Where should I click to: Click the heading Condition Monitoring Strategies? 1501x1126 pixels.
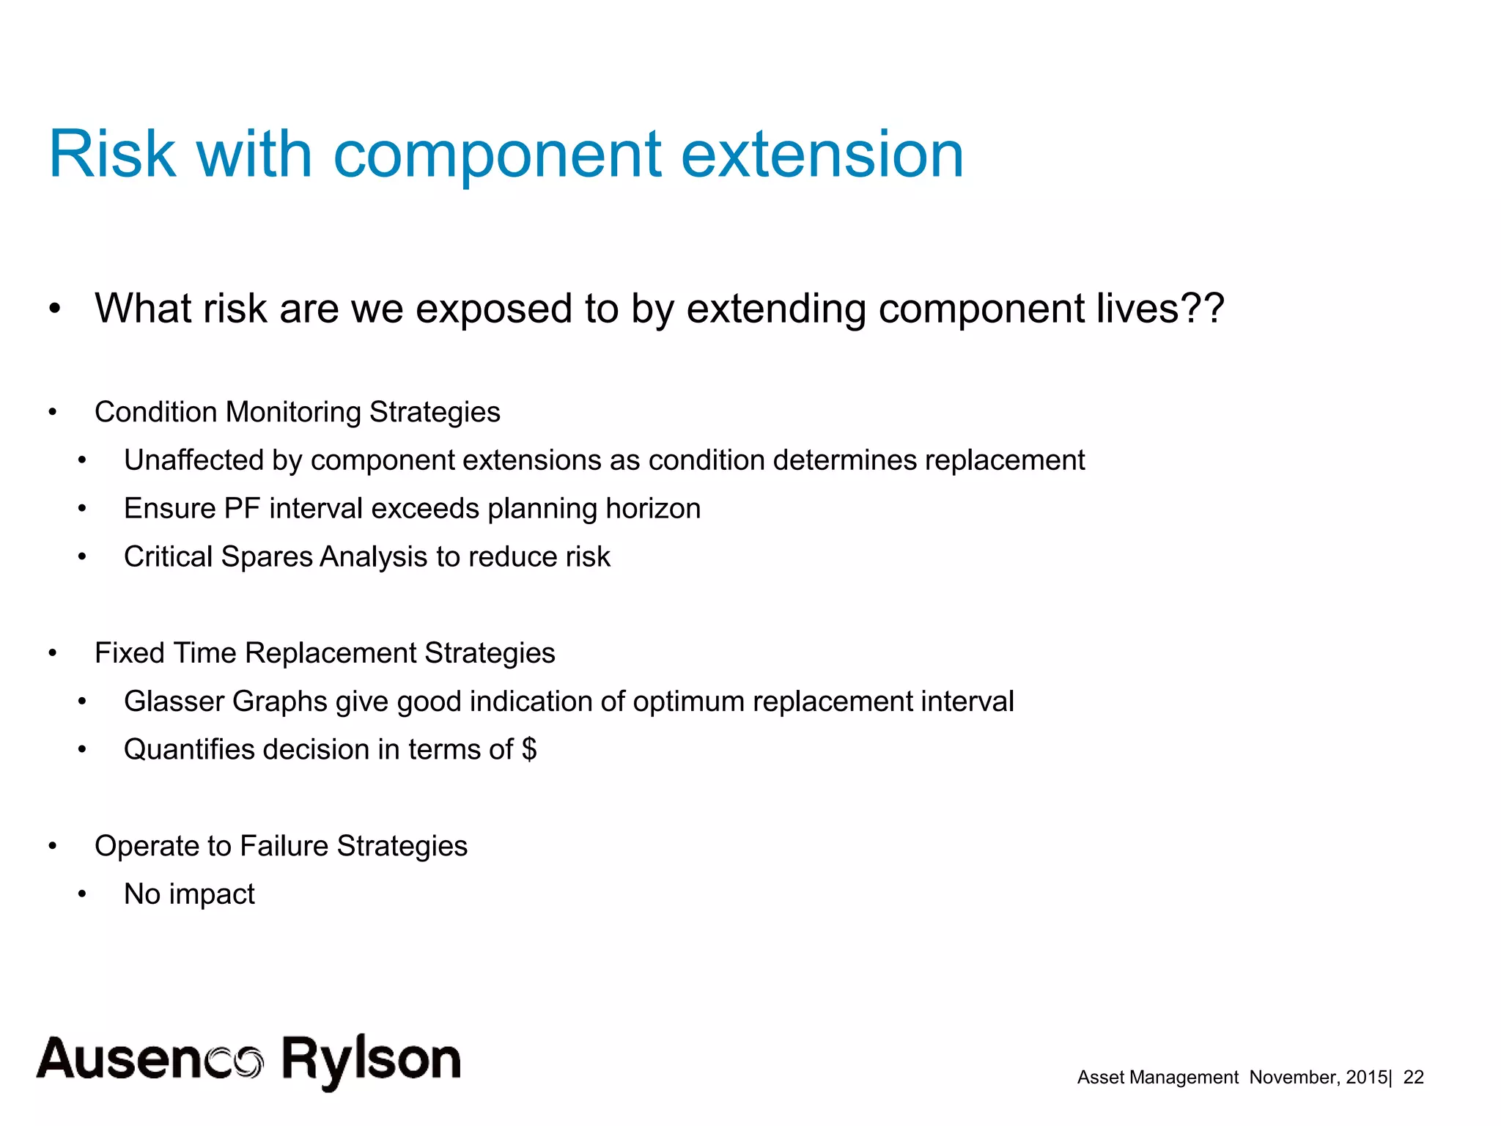click(x=297, y=412)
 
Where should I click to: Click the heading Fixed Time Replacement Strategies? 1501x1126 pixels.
click(x=325, y=653)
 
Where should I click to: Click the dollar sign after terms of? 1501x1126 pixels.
click(x=529, y=750)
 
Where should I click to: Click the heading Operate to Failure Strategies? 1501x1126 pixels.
click(x=281, y=846)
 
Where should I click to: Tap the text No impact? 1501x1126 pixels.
click(x=189, y=894)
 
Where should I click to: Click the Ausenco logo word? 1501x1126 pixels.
click(x=150, y=1059)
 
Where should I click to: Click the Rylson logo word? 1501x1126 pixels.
click(x=371, y=1059)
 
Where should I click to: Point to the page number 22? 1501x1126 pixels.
click(x=1413, y=1077)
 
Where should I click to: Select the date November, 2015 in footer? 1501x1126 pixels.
click(x=1318, y=1077)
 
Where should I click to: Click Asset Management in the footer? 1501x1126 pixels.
click(x=1157, y=1077)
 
